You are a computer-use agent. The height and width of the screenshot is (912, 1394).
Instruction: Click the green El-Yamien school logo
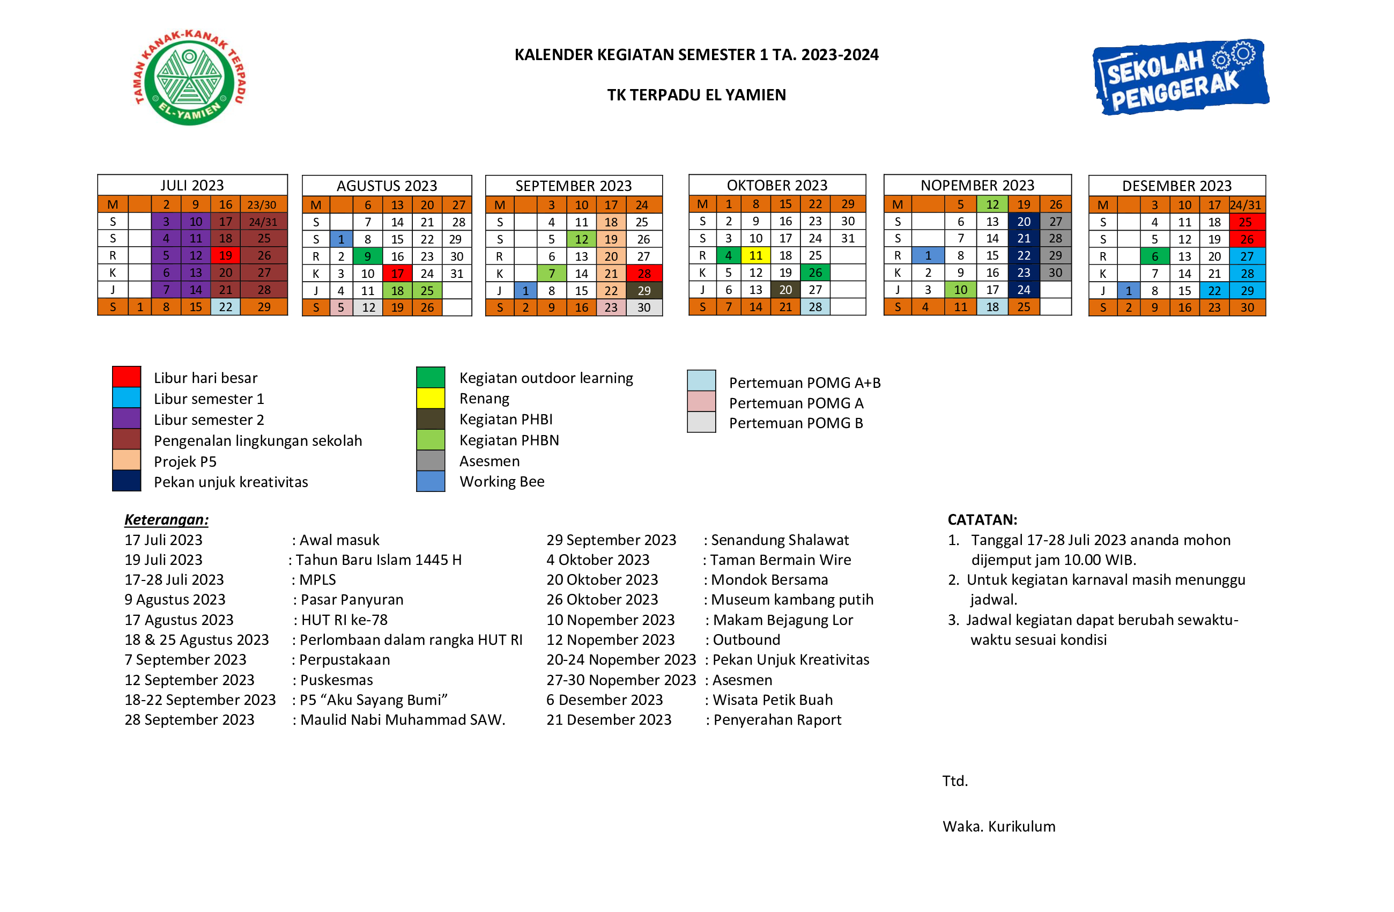tap(189, 77)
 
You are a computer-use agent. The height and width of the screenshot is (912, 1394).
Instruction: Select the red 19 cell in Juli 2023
tap(226, 255)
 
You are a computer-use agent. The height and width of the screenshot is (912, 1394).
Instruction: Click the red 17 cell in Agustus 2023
tap(397, 274)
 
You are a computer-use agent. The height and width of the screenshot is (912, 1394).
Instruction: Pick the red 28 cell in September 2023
tap(644, 274)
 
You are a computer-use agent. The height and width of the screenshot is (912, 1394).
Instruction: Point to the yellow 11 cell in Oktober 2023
tap(755, 255)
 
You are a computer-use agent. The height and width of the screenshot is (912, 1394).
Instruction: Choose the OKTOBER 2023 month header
tap(777, 185)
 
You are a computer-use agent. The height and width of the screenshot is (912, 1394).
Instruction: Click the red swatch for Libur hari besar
tap(127, 377)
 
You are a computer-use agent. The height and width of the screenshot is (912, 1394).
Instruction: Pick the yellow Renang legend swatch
tap(431, 398)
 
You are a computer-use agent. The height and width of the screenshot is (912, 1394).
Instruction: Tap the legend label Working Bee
tap(502, 481)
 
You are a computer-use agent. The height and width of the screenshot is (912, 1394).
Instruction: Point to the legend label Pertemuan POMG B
tap(796, 423)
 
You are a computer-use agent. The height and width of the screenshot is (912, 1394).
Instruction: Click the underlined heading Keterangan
tap(166, 519)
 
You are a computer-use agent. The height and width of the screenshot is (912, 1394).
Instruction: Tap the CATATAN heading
tap(982, 519)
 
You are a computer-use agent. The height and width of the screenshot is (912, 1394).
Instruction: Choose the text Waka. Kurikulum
tap(999, 826)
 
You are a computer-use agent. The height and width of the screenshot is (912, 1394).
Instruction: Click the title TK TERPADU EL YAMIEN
tap(696, 94)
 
